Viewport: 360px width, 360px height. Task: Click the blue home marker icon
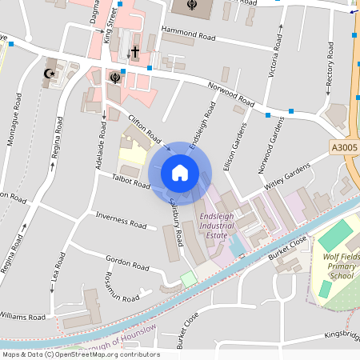[x=180, y=173]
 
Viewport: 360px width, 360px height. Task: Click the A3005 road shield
[x=343, y=148]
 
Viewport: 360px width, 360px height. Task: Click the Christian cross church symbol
[x=135, y=52]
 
